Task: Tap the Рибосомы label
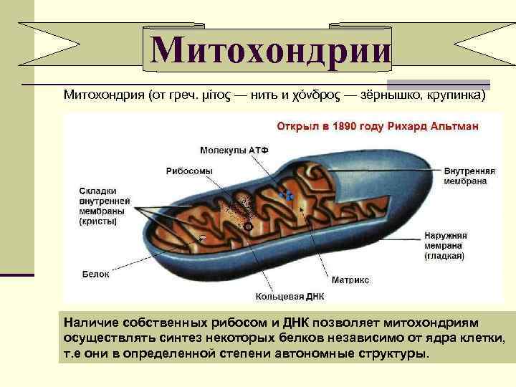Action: [x=189, y=171]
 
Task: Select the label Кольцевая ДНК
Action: [x=290, y=295]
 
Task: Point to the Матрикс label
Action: [x=350, y=279]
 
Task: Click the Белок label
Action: [x=95, y=274]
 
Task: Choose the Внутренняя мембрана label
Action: [x=469, y=177]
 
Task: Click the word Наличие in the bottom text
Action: [x=88, y=323]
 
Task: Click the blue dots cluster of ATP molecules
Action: [x=287, y=194]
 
